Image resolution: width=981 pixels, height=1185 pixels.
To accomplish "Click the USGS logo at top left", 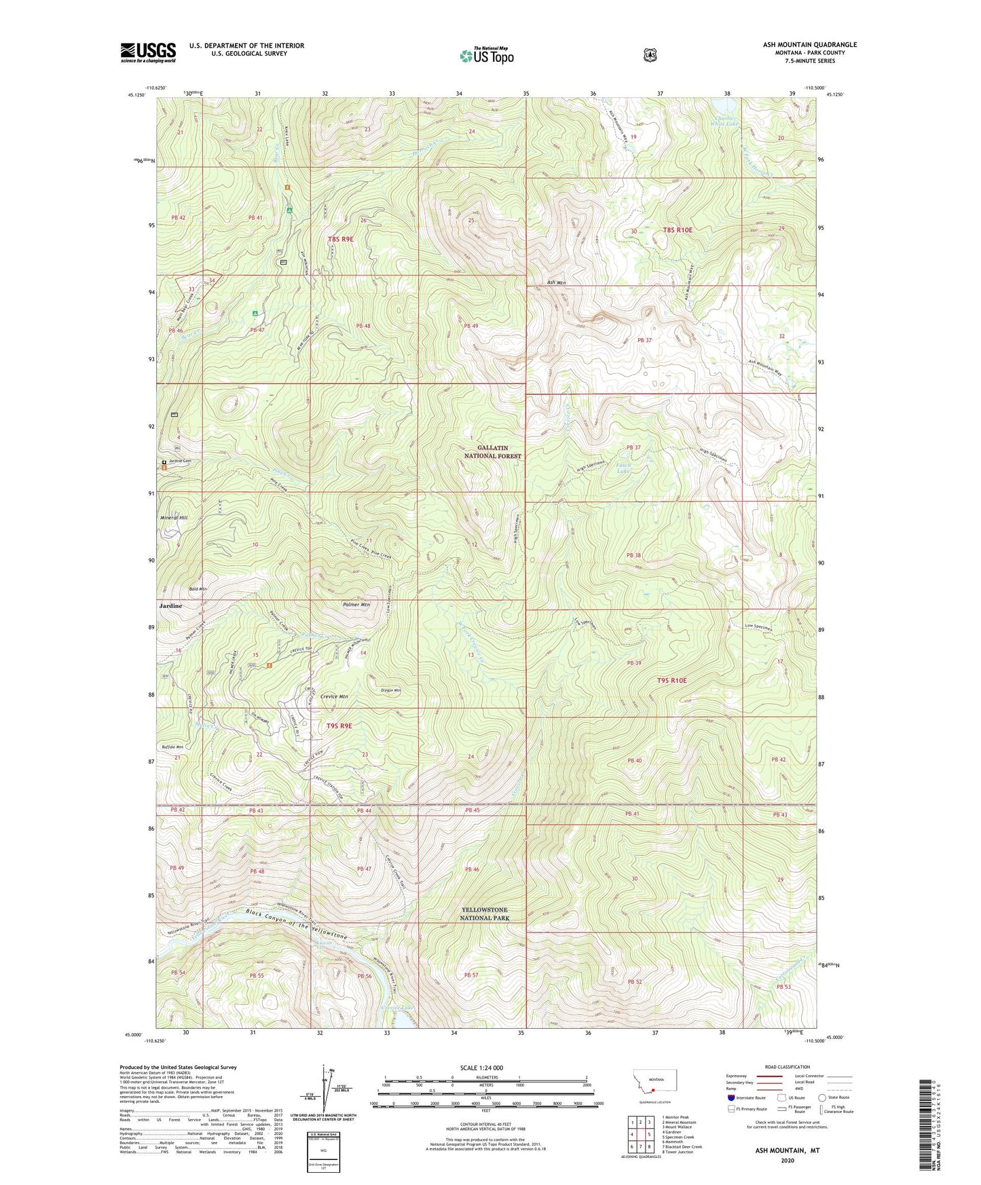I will [x=148, y=52].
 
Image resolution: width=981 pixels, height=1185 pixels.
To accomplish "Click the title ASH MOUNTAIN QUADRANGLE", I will [x=809, y=45].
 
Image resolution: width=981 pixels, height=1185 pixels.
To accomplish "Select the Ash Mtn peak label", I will [x=556, y=282].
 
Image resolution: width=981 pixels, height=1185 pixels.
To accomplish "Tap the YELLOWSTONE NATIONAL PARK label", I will [x=484, y=914].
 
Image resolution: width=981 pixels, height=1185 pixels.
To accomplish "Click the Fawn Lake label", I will [x=621, y=468].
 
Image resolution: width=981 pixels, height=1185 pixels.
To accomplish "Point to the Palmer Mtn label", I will [x=356, y=604].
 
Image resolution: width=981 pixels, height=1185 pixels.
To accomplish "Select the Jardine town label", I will [x=170, y=605].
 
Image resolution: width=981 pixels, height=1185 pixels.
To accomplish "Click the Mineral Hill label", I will [x=174, y=518].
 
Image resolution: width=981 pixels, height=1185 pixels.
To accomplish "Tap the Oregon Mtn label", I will [x=391, y=690].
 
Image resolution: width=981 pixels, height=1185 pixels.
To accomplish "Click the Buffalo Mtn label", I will [x=172, y=747].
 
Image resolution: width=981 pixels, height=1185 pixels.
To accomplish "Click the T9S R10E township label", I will [x=671, y=680].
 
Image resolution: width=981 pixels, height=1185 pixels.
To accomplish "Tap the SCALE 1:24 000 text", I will [x=481, y=1068].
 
